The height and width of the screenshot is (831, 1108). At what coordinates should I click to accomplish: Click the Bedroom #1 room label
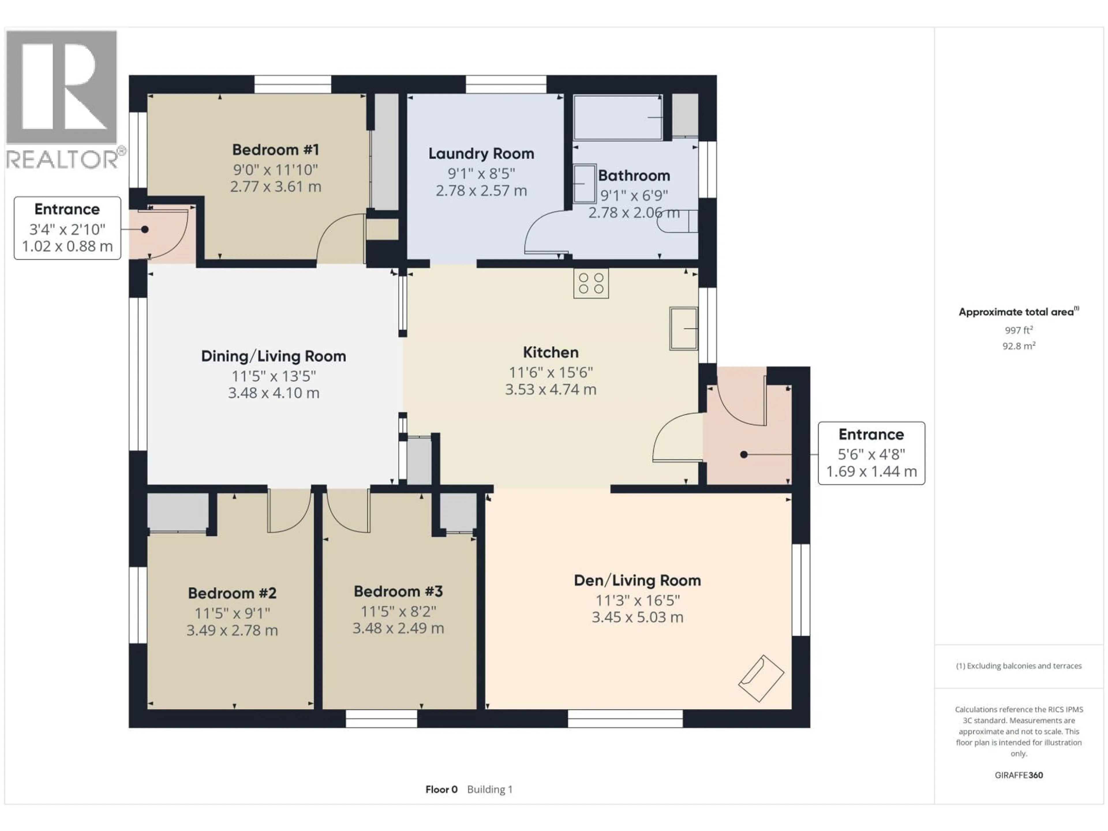point(276,150)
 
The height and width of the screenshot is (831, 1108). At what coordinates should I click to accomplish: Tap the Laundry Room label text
point(481,154)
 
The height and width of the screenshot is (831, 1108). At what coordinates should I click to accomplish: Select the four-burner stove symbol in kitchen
point(591,284)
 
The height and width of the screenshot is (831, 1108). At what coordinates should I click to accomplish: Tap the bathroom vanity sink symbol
point(584,183)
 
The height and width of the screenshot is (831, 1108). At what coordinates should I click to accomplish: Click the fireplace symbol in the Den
point(760,678)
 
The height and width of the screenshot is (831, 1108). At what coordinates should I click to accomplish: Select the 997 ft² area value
point(1018,330)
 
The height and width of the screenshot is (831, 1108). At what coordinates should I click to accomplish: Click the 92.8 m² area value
point(1018,346)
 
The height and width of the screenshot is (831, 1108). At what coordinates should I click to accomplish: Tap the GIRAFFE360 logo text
point(1018,775)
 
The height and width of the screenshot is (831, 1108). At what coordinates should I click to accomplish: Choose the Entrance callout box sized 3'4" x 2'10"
point(67,228)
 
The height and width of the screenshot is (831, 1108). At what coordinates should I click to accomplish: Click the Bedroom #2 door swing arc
point(289,513)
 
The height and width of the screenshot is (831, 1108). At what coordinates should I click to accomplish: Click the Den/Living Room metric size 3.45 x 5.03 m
point(637,617)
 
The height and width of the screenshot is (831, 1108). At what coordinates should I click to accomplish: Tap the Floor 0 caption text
point(441,789)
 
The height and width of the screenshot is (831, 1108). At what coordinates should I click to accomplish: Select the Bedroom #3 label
point(398,592)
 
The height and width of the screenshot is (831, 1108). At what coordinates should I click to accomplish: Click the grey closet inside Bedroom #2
point(178,511)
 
